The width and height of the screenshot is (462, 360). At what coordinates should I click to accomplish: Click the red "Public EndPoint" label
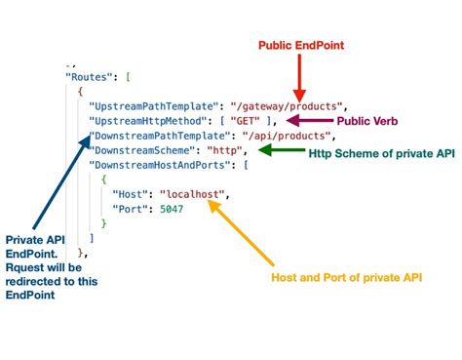(x=300, y=45)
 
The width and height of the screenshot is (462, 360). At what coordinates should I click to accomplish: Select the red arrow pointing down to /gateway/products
(x=300, y=76)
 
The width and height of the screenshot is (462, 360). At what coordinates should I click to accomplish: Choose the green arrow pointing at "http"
(x=280, y=150)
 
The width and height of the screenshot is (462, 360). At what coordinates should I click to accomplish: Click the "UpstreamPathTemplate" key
(x=146, y=104)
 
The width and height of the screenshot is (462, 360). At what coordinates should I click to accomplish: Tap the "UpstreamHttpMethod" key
(x=141, y=120)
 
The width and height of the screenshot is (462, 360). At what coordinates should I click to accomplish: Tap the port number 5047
(x=170, y=209)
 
